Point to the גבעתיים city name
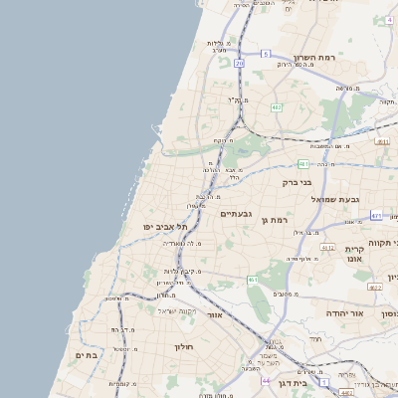coord(236,214)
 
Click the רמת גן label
coord(271,219)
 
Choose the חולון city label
coord(184,346)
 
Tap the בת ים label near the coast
coord(85,354)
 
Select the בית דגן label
coord(292,382)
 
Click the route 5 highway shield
coord(266,53)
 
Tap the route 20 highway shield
coord(240,63)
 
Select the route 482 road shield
coord(276,106)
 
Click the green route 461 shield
coord(254,282)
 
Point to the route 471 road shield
coord(375,215)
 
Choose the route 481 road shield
coord(302,162)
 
